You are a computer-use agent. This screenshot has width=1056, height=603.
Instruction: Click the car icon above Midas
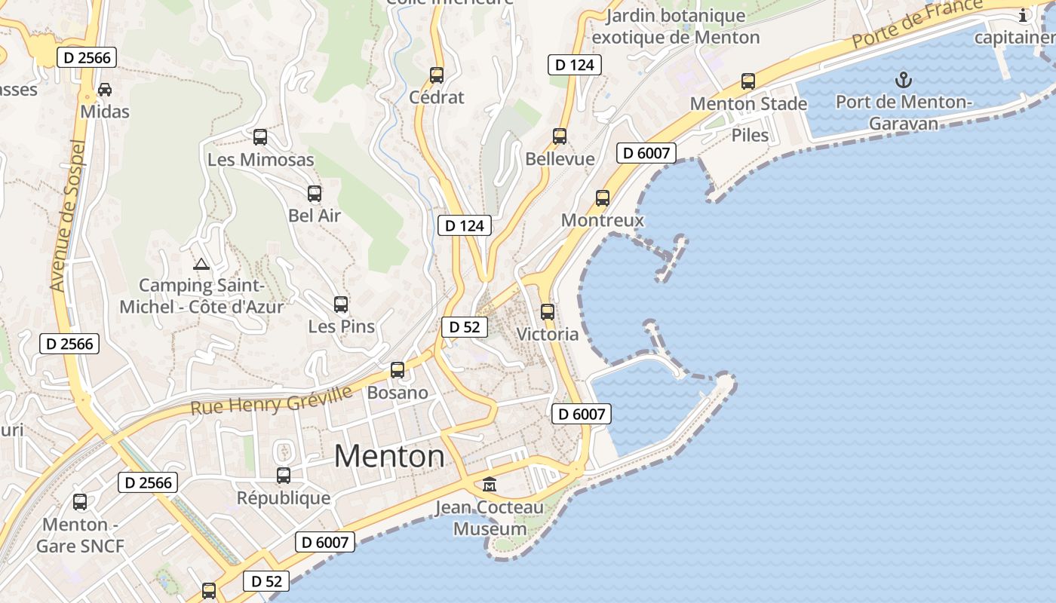[x=105, y=90]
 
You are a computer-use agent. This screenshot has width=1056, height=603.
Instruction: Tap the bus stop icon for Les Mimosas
[x=260, y=137]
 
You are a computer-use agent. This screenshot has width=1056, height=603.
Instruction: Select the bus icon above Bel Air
[x=315, y=194]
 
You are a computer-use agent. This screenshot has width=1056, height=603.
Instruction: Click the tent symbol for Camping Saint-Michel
[x=201, y=264]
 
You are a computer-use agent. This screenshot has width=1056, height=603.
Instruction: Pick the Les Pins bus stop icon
[x=341, y=305]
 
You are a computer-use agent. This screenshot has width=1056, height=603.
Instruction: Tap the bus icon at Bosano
[x=398, y=370]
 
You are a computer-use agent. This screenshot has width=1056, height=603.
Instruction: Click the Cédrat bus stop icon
[x=437, y=75]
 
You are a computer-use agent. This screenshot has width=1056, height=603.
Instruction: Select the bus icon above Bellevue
[x=560, y=136]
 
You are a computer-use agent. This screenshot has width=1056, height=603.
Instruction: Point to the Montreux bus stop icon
[x=603, y=198]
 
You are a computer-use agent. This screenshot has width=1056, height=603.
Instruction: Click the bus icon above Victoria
[x=548, y=311]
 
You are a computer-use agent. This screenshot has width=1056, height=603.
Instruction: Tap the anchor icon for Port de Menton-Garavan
[x=903, y=79]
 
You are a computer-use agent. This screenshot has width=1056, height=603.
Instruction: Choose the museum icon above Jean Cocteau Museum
[x=490, y=484]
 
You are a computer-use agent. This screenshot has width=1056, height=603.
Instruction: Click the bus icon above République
[x=284, y=476]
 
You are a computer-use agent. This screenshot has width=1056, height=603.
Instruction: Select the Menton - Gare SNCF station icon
[x=80, y=501]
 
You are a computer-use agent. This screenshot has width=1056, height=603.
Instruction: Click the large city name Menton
[x=389, y=456]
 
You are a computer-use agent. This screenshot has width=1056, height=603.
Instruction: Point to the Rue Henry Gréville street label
[x=272, y=400]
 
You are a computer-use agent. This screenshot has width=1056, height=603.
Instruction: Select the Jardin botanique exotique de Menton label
[x=675, y=26]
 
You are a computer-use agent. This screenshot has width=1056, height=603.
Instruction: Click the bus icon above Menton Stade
[x=748, y=81]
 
